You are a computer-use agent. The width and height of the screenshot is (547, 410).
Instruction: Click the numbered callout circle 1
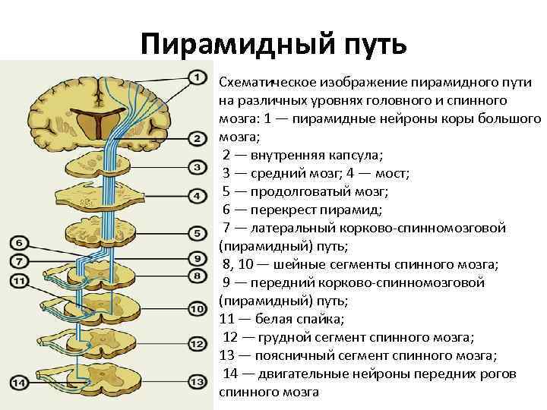pyautogui.click(x=196, y=77)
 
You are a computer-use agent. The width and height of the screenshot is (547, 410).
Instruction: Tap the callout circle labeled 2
pyautogui.click(x=196, y=139)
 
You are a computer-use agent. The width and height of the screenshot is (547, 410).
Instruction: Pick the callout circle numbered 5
pyautogui.click(x=196, y=228)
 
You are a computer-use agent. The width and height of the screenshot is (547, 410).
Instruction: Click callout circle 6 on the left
pyautogui.click(x=21, y=243)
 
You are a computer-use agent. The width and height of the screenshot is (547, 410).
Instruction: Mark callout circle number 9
pyautogui.click(x=196, y=257)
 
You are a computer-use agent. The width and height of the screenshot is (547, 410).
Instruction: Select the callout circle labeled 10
pyautogui.click(x=196, y=309)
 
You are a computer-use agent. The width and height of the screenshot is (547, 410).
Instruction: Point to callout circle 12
pyautogui.click(x=196, y=344)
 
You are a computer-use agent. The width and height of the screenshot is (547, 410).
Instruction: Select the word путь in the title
pyautogui.click(x=373, y=43)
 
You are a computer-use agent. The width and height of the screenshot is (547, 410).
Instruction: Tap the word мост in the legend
pyautogui.click(x=390, y=173)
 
